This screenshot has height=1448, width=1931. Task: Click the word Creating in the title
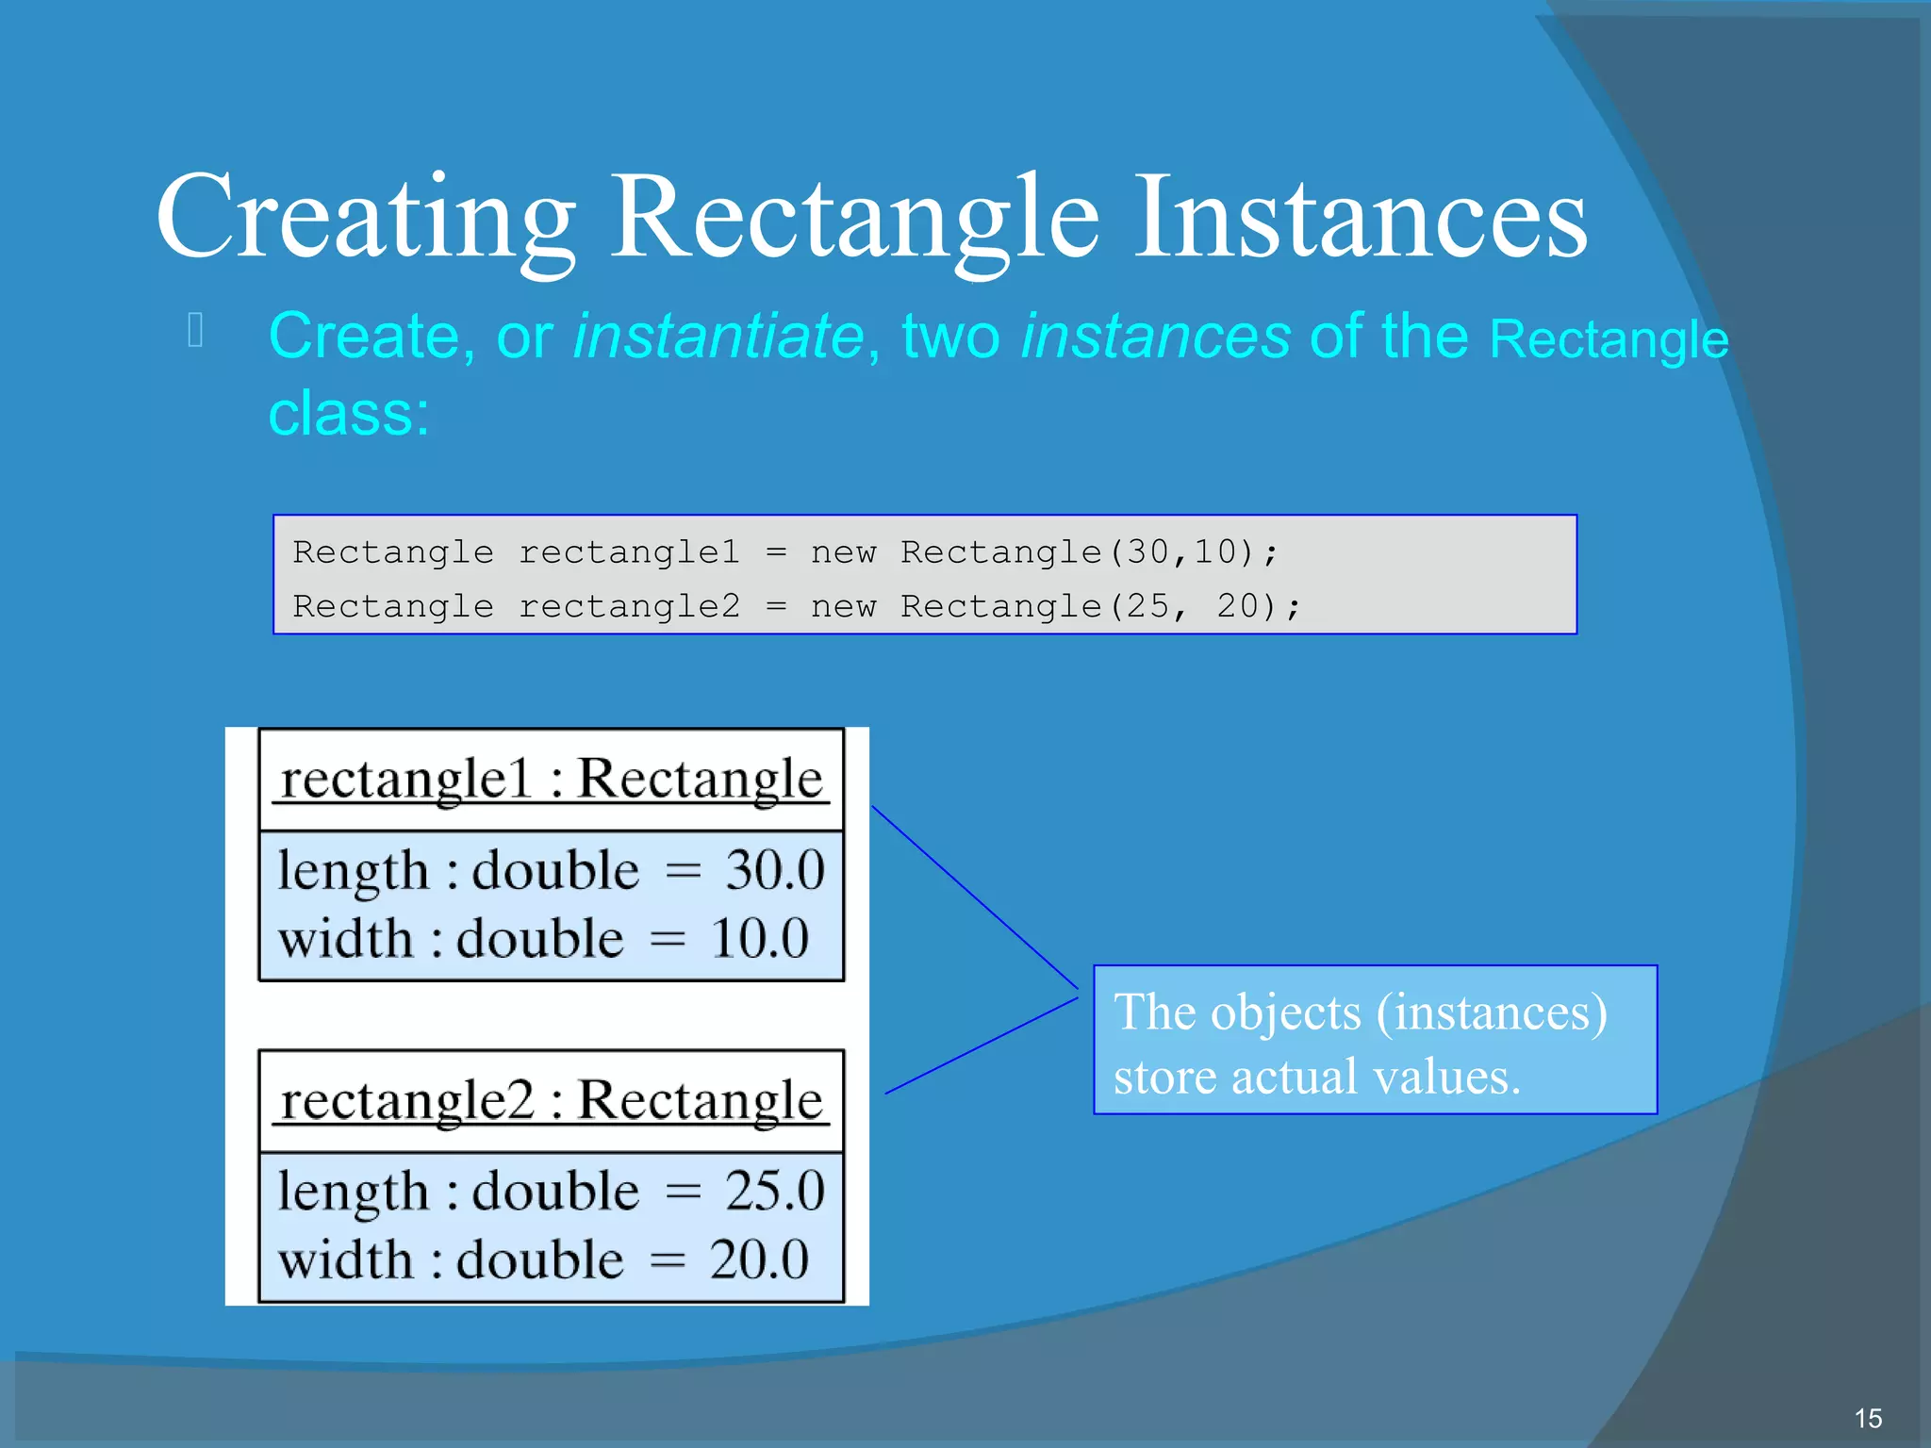(366, 219)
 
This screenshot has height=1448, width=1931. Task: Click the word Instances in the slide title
(1360, 219)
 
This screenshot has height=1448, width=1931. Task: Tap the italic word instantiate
(718, 337)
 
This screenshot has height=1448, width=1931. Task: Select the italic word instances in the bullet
(1155, 337)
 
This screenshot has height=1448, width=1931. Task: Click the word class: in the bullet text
(349, 414)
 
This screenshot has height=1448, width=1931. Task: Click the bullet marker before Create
(196, 331)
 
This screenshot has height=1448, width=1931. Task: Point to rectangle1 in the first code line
(629, 552)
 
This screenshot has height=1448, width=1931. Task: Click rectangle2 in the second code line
(629, 606)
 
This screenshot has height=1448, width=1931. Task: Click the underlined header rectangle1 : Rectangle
(552, 780)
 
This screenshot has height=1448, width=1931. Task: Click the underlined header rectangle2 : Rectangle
(552, 1100)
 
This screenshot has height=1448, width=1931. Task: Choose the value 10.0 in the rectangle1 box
(759, 939)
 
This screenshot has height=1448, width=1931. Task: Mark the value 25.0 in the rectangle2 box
(774, 1191)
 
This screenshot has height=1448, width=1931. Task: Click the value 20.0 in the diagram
(759, 1259)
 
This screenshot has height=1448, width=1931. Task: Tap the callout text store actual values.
(1316, 1077)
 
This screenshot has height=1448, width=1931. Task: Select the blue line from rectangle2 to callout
(981, 1045)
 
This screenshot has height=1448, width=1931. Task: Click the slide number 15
(1867, 1418)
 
